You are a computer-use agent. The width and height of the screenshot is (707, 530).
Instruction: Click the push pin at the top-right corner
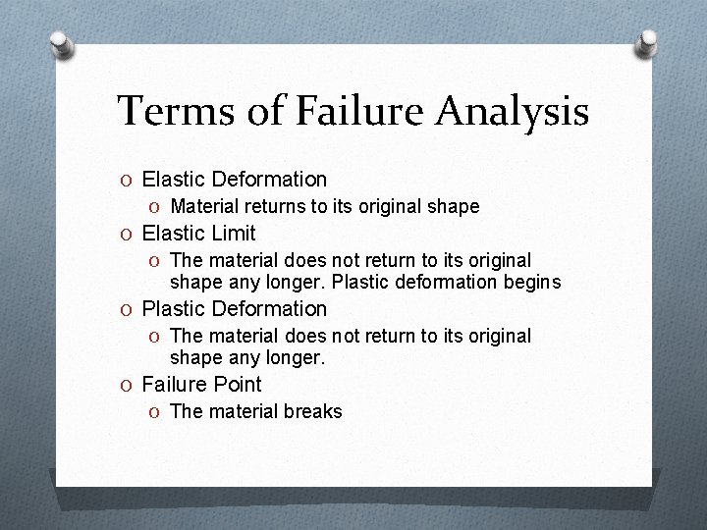pos(649,43)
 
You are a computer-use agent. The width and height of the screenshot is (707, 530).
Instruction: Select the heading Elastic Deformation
pos(235,180)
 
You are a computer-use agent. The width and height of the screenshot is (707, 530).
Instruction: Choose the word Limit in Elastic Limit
pos(233,234)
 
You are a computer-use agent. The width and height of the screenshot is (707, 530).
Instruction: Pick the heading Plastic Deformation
pos(235,309)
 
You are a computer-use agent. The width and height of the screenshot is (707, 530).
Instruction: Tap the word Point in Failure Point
pos(238,385)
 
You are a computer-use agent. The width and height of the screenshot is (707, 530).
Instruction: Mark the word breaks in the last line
pos(313,412)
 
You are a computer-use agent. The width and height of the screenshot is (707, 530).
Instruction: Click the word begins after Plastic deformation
pos(531,283)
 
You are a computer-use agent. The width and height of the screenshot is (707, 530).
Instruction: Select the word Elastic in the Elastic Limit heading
pos(174,234)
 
